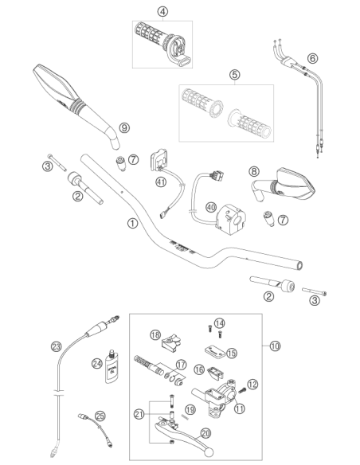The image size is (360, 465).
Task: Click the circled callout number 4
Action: [x=162, y=12]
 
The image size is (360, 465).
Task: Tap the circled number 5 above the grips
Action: [x=235, y=74]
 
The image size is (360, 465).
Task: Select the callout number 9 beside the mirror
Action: [x=124, y=128]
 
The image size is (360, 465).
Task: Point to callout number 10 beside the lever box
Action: [x=275, y=346]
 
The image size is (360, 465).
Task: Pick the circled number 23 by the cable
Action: [x=56, y=346]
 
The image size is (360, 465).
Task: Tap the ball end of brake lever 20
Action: [x=209, y=452]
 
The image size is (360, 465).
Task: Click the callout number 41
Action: [x=161, y=182]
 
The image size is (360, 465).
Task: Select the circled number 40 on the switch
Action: [x=211, y=207]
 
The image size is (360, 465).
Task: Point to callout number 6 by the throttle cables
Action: [x=312, y=58]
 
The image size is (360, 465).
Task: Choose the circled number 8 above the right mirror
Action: [x=254, y=171]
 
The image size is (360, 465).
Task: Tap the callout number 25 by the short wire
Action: [x=100, y=416]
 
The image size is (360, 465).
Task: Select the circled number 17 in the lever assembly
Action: [x=181, y=365]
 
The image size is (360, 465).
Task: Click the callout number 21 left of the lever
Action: [x=139, y=414]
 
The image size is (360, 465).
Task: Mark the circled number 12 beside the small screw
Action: [x=252, y=385]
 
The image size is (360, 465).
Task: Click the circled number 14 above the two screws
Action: [x=220, y=323]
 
